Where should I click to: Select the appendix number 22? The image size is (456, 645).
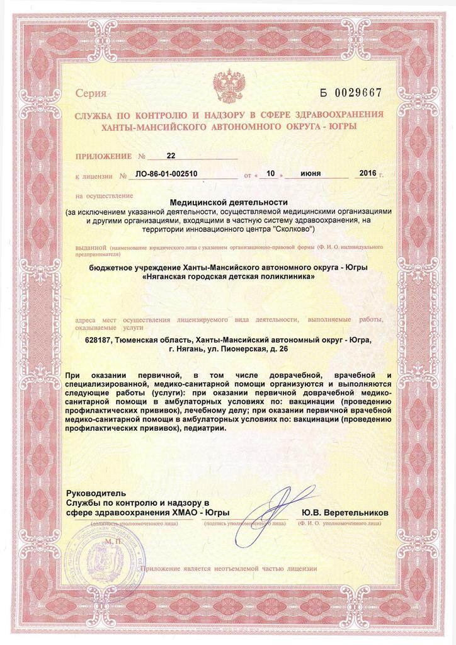(171, 155)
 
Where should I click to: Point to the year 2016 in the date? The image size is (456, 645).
(367, 173)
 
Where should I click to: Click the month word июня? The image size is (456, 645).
(314, 173)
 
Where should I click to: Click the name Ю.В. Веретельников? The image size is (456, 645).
(345, 513)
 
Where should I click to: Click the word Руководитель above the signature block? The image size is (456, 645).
(96, 493)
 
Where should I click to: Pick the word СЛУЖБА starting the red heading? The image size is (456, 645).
(93, 114)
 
